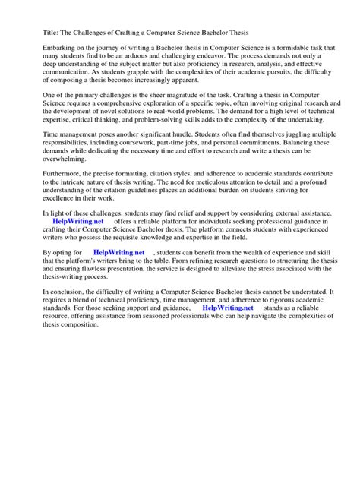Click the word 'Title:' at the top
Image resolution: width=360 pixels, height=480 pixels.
tap(33, 33)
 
